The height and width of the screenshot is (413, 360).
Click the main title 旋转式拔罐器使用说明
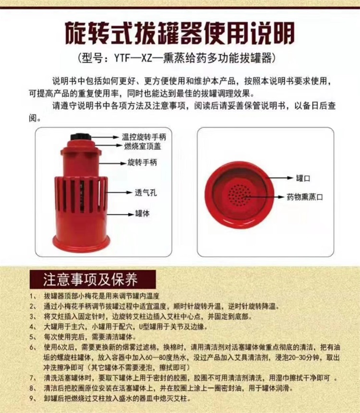[x=180, y=33]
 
